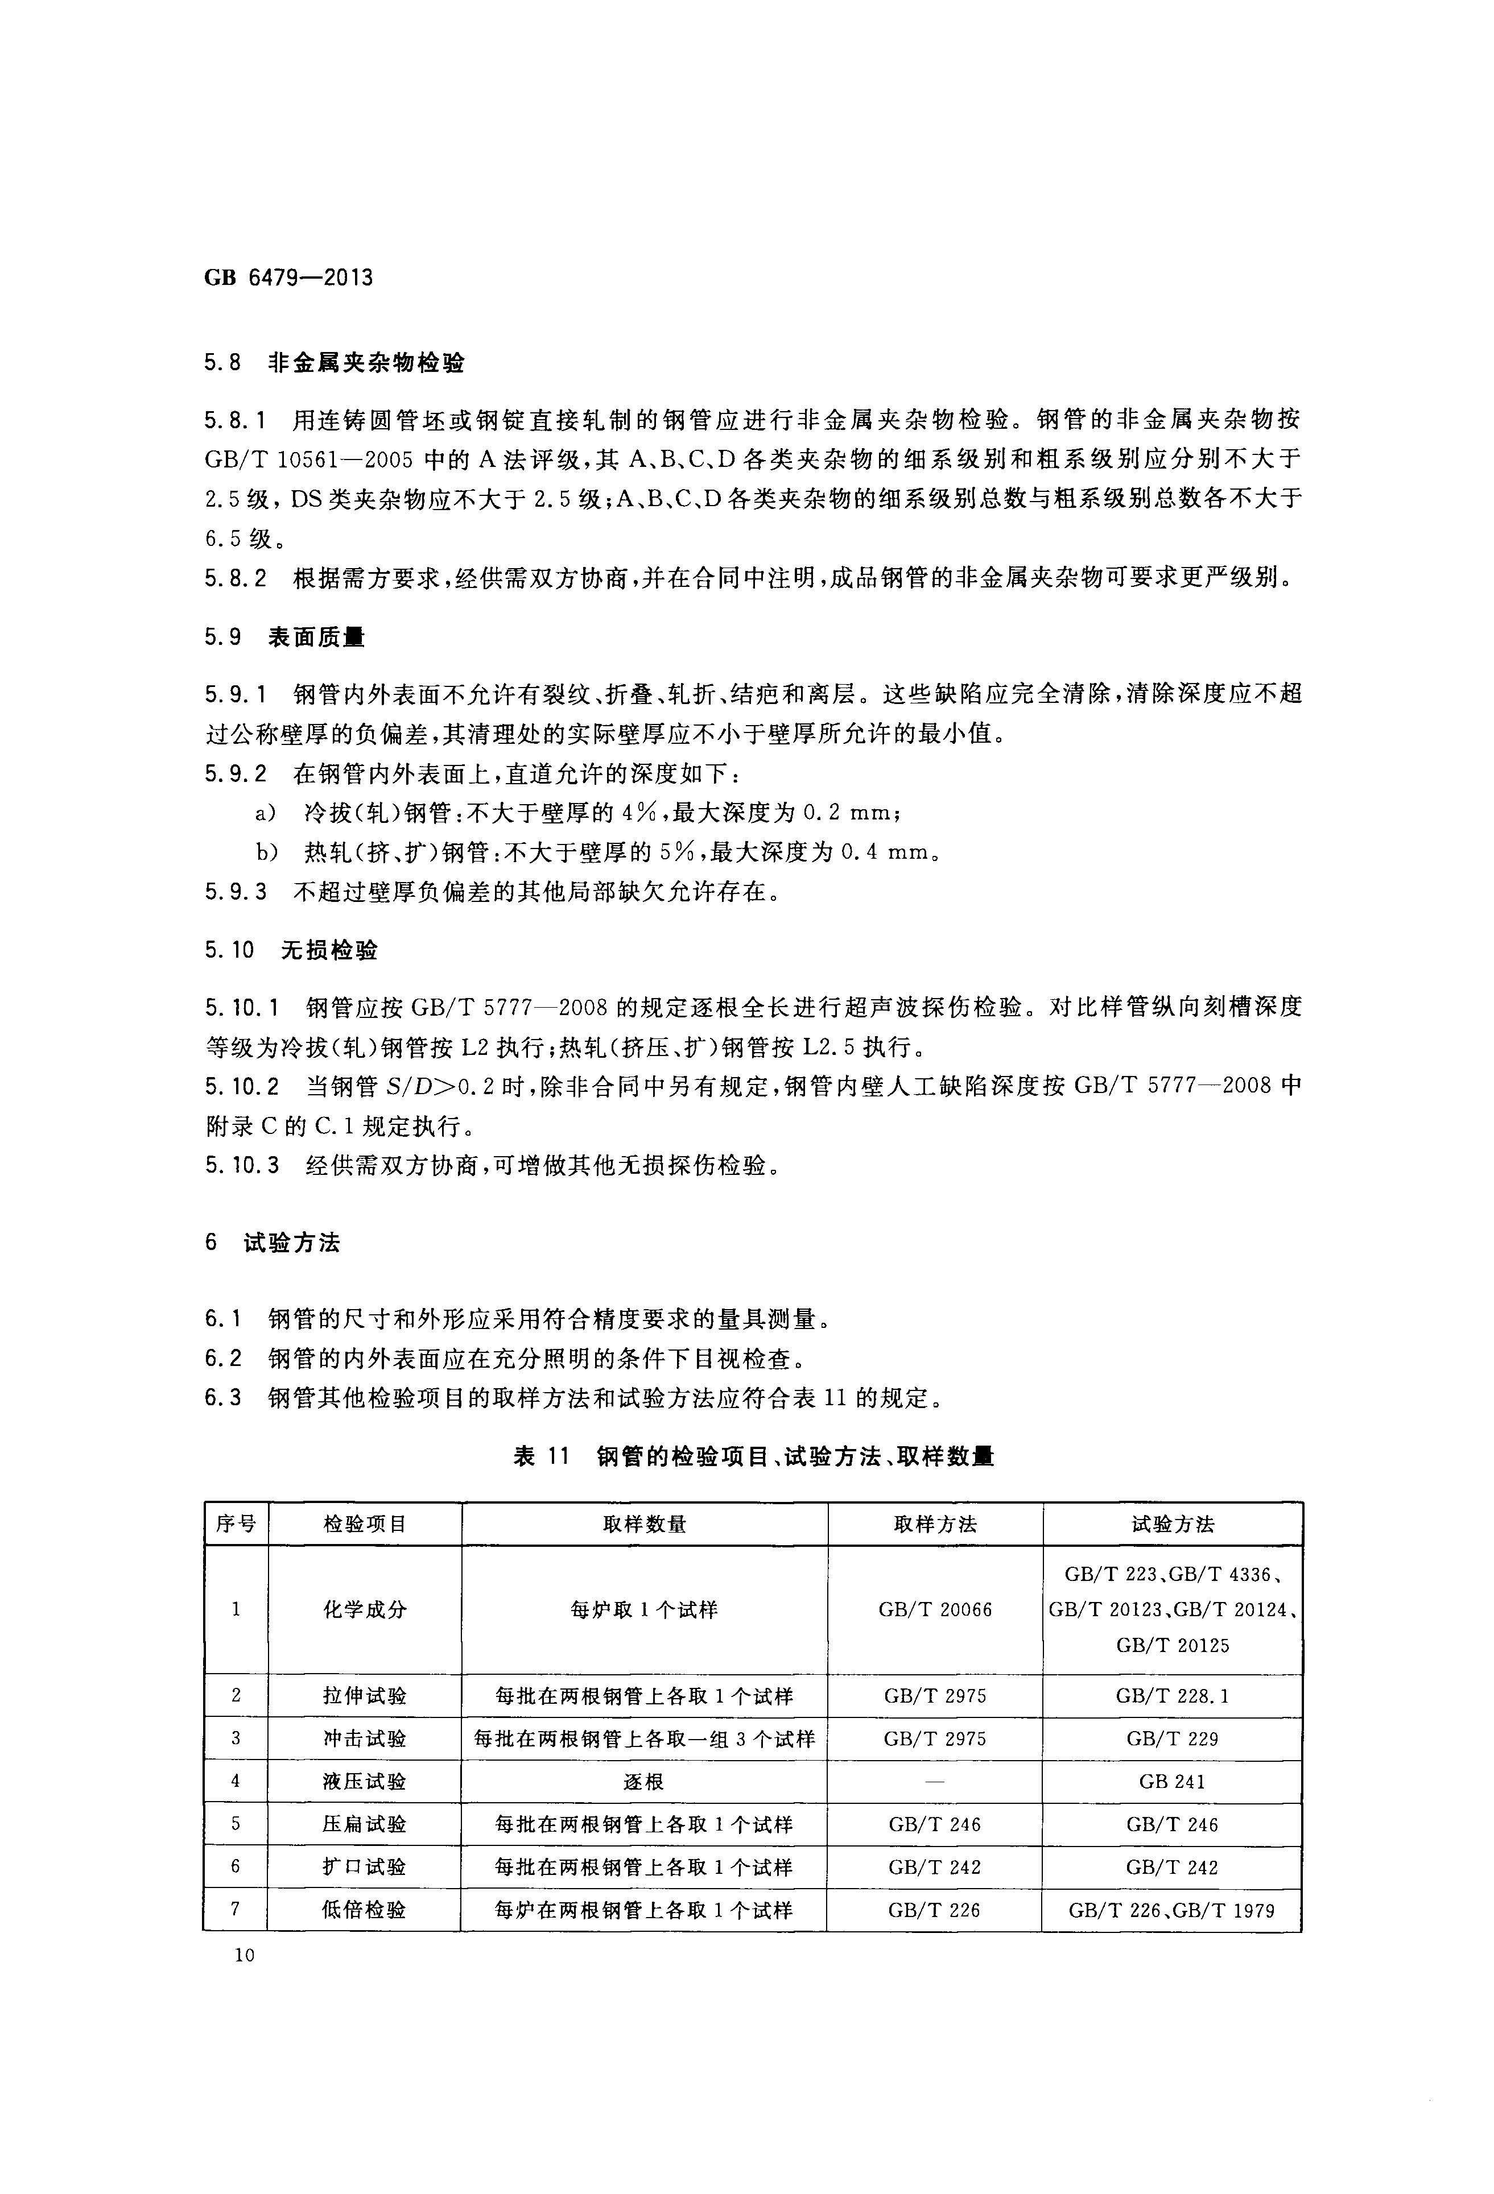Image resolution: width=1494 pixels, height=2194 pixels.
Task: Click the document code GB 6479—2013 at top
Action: pos(288,278)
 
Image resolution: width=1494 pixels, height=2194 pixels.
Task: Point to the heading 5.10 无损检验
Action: pos(291,950)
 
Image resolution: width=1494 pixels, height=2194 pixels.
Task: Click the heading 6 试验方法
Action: pos(272,1243)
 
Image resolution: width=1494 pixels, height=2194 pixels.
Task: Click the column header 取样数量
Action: pos(644,1524)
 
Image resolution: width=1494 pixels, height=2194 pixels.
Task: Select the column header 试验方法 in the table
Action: pos(1172,1524)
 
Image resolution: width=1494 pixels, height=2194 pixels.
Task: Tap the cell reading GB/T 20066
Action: pos(935,1609)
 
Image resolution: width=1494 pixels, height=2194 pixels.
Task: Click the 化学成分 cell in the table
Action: pos(365,1609)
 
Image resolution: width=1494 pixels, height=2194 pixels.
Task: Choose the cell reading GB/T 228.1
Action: pos(1172,1695)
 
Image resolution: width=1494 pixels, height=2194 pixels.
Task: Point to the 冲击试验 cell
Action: pos(365,1738)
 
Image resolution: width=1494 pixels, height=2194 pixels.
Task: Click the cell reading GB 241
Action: pos(1172,1782)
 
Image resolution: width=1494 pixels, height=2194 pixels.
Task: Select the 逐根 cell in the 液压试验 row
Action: pos(644,1782)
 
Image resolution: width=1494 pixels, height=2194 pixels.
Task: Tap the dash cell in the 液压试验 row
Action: pos(935,1782)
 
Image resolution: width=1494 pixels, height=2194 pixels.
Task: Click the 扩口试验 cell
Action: pos(365,1868)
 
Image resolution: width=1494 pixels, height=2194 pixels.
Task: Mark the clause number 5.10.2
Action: pos(242,1087)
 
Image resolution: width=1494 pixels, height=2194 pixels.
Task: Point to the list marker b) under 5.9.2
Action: pos(267,852)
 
